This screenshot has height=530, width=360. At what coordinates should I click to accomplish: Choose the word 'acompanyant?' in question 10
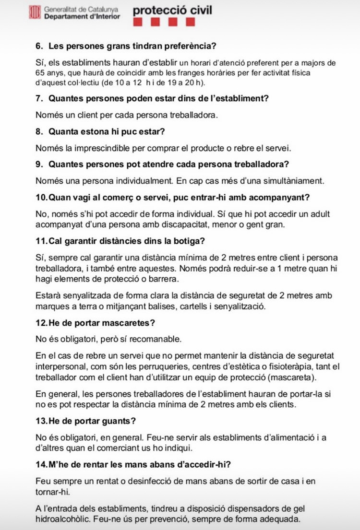click(275, 197)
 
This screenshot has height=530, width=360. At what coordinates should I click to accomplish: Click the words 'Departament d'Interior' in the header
click(82, 16)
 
